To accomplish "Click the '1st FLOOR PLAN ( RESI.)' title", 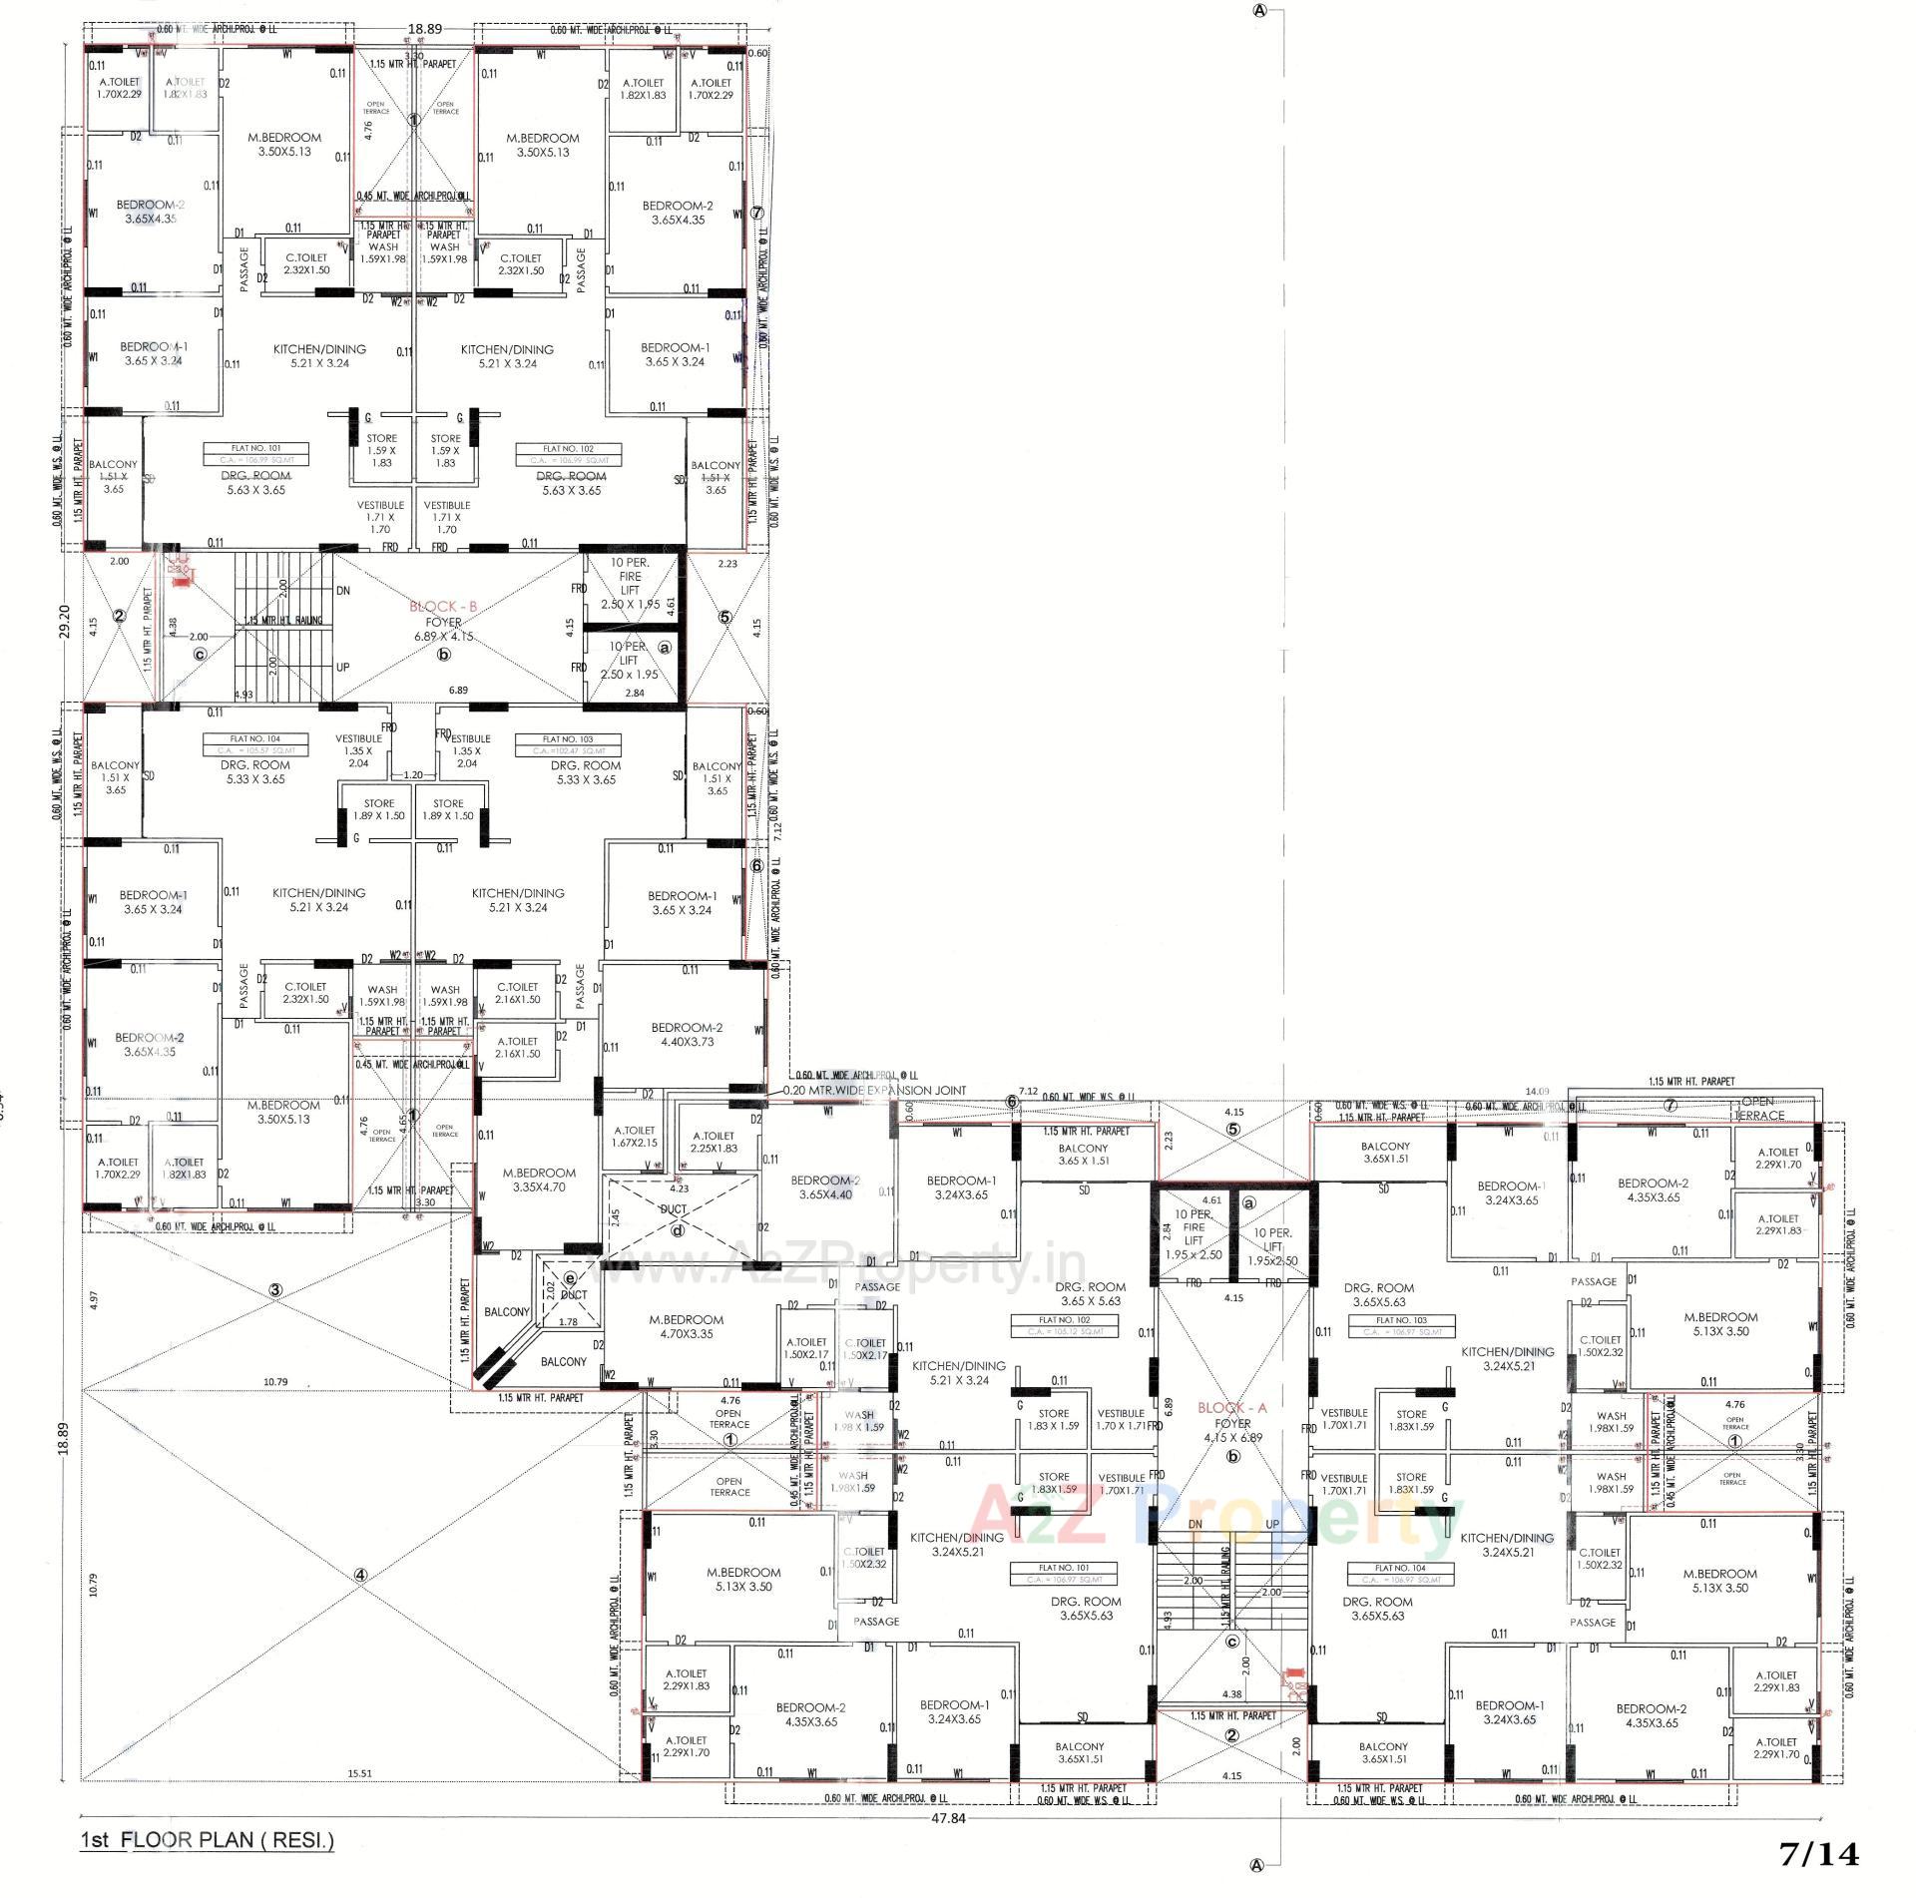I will [207, 1840].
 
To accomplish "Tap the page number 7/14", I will [1820, 1854].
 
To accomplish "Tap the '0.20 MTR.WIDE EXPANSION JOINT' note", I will [874, 1091].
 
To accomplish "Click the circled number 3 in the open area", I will [275, 1290].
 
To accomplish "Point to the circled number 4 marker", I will [360, 1576].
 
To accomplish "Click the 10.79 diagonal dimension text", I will [275, 1381].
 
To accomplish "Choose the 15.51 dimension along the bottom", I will [359, 1773].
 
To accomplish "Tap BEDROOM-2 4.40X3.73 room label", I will [687, 1035].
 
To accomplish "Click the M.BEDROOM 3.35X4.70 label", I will [539, 1180].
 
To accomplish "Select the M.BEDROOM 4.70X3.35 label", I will [687, 1326].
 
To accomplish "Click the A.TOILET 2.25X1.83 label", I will [713, 1142].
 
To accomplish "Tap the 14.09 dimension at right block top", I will [1537, 1092].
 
